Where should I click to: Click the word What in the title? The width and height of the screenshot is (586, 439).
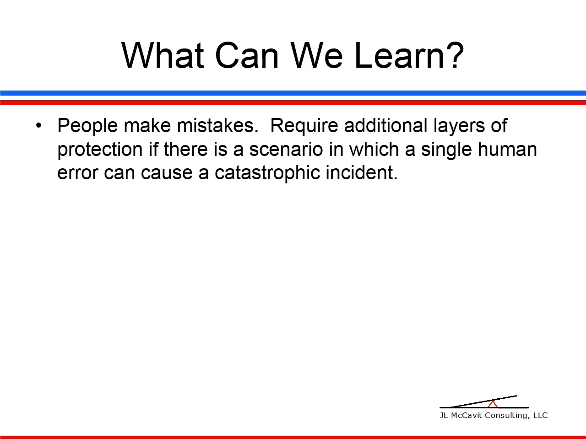pos(163,55)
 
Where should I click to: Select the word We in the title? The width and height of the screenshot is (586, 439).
pos(317,55)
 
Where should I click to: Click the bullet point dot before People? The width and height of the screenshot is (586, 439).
pos(39,125)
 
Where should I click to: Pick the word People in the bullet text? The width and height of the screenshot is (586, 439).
pos(87,126)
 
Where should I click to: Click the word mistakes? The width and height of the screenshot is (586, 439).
pos(218,125)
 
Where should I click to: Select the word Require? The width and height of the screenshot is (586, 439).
pos(304,126)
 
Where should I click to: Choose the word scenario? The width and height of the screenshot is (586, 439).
pos(286,149)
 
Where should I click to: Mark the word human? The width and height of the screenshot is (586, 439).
pos(507,149)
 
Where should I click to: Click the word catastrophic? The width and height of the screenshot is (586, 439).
pos(267,173)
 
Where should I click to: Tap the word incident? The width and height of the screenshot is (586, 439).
pos(362,172)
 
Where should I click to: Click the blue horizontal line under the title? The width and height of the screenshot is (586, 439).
pos(293,93)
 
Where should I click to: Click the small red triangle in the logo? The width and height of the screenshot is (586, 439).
pos(493,404)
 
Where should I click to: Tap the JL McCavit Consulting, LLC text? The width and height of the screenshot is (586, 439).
pos(494,416)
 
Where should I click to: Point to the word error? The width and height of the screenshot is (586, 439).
pos(78,173)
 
